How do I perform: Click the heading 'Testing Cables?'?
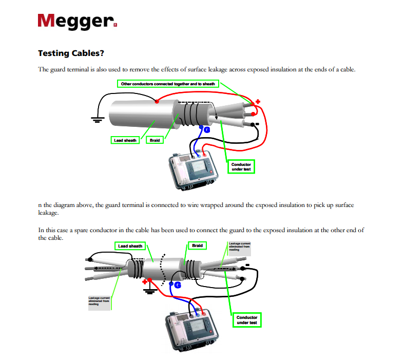coord(71,53)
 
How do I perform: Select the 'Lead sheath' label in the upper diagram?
coord(125,140)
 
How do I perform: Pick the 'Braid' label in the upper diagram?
coord(155,140)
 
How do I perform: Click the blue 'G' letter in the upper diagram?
coord(207,130)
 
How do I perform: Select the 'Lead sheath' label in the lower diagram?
coord(130,246)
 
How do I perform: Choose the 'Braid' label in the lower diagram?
coord(197,245)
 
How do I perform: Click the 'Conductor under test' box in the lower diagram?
coord(246,320)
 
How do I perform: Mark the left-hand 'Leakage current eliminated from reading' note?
coord(99,301)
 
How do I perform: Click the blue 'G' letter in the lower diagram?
coord(178,284)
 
